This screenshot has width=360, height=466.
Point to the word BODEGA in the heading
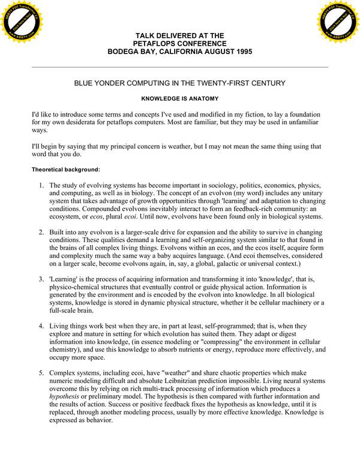click(x=124, y=52)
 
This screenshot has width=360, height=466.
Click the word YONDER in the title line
click(x=119, y=82)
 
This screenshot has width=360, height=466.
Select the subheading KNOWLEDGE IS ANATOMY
click(x=180, y=97)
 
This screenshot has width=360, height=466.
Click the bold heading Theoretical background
click(x=65, y=169)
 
